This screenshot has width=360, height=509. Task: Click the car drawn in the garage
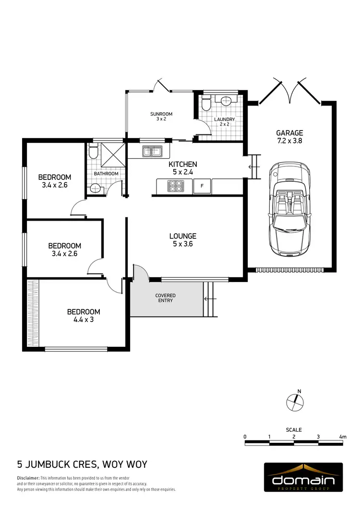pyautogui.click(x=288, y=209)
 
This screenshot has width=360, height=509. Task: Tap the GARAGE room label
pyautogui.click(x=289, y=133)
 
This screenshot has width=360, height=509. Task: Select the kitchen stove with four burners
pyautogui.click(x=176, y=185)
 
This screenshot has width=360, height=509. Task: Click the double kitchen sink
pyautogui.click(x=153, y=152)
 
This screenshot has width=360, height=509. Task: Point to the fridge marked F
pyautogui.click(x=202, y=185)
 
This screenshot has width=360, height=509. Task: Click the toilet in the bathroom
pyautogui.click(x=93, y=152)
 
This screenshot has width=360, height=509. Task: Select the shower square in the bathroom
pyautogui.click(x=113, y=154)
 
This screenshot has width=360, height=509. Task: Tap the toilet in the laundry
pyautogui.click(x=205, y=104)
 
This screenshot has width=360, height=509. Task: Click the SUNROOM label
pyautogui.click(x=161, y=114)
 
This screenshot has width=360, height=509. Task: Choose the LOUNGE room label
pyautogui.click(x=182, y=236)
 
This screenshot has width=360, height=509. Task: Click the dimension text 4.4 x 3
pyautogui.click(x=84, y=320)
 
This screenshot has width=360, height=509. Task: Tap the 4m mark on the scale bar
pyautogui.click(x=343, y=437)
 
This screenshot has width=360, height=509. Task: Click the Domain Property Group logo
pyautogui.click(x=303, y=477)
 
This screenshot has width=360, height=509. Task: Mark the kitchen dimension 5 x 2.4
pyautogui.click(x=182, y=171)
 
